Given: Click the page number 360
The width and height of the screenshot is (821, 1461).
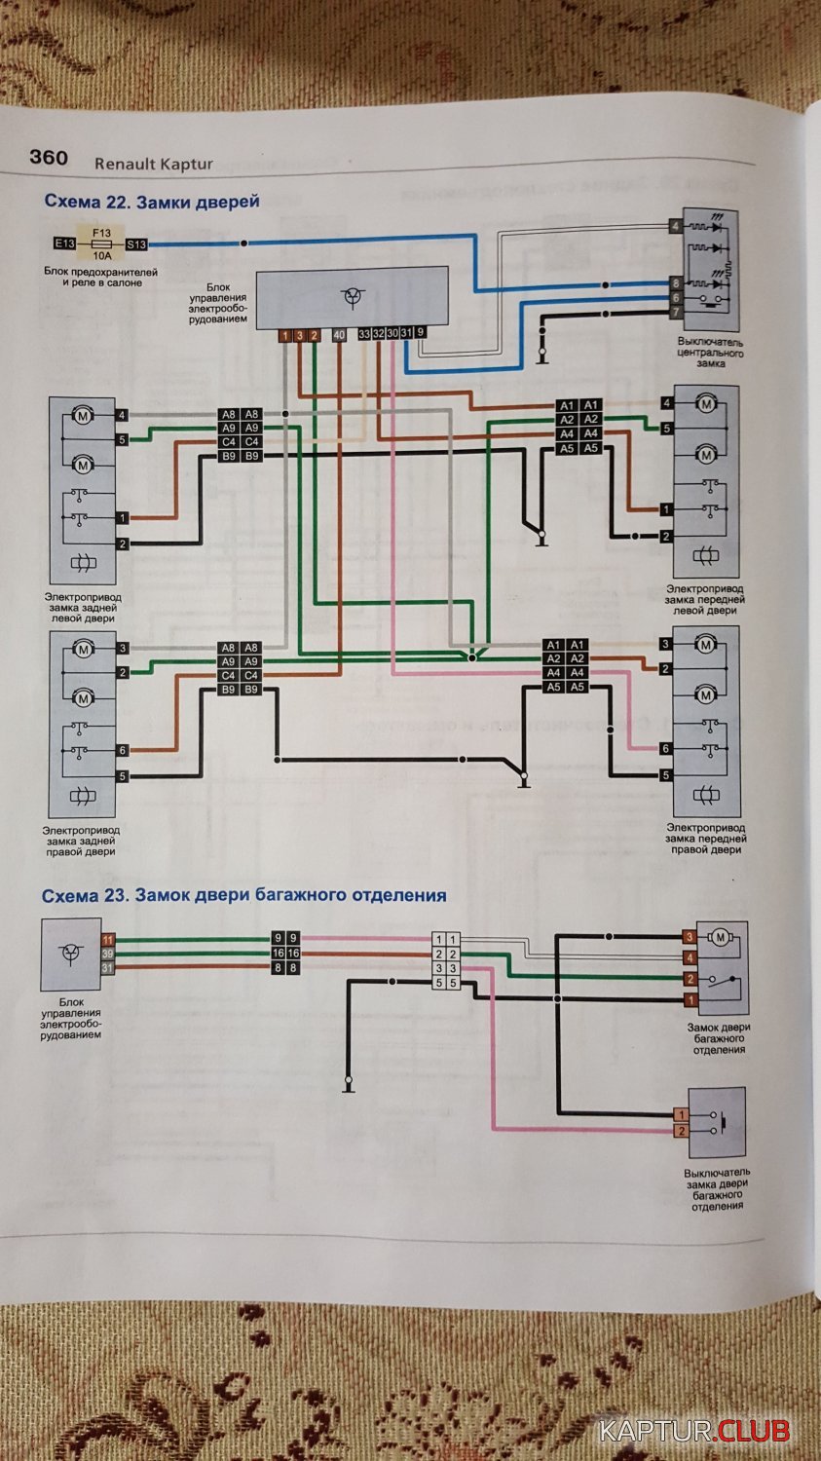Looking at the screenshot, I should click(49, 158).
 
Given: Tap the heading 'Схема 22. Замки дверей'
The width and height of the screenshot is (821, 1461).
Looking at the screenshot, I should click(151, 202).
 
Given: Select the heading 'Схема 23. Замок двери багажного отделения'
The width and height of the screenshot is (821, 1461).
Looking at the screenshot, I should click(244, 895).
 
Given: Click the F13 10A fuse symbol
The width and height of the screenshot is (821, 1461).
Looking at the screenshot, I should click(100, 243).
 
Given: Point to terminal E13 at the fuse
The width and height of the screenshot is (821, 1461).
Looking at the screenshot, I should click(65, 243).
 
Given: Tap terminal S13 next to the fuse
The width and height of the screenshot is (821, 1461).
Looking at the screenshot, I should click(136, 244).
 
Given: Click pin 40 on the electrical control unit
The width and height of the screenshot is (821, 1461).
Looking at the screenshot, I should click(339, 335).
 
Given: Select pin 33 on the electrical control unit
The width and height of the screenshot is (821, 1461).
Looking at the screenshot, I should click(364, 334).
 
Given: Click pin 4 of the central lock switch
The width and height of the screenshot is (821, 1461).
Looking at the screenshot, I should click(675, 226).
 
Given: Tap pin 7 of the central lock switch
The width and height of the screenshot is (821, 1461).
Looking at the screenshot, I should click(675, 312).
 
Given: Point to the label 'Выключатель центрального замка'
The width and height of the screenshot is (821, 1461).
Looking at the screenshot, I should click(711, 353).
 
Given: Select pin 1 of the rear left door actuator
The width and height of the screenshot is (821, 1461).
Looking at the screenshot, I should click(123, 518).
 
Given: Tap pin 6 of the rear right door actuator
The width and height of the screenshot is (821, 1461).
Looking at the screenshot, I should click(123, 750).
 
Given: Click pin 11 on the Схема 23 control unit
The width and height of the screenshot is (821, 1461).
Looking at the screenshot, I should click(108, 939).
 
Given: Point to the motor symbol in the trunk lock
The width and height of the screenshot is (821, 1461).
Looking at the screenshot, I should click(721, 937).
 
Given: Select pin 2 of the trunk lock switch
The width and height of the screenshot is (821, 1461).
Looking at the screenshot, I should click(682, 1131).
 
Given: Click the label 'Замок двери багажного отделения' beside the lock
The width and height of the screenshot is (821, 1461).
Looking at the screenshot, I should click(719, 1038).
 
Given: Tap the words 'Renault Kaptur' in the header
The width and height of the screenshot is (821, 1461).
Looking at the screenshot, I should click(153, 164).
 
